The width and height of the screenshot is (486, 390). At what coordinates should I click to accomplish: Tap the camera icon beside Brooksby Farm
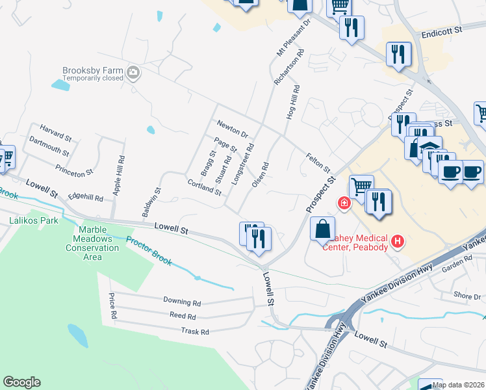[134, 73]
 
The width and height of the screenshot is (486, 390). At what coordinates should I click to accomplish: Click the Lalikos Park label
[34, 220]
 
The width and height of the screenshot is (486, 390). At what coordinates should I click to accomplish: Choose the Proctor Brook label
[149, 251]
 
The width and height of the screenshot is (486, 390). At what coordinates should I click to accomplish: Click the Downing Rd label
[182, 302]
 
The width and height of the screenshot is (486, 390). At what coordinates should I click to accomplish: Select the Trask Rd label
[195, 331]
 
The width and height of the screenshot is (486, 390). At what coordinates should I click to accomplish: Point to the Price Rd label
[113, 305]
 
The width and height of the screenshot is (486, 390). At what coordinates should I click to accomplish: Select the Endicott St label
[441, 31]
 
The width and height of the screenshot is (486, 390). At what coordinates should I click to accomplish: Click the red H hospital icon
[397, 242]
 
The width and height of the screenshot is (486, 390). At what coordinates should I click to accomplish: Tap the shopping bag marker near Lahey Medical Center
[322, 229]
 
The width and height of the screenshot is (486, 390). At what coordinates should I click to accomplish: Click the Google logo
[21, 382]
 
